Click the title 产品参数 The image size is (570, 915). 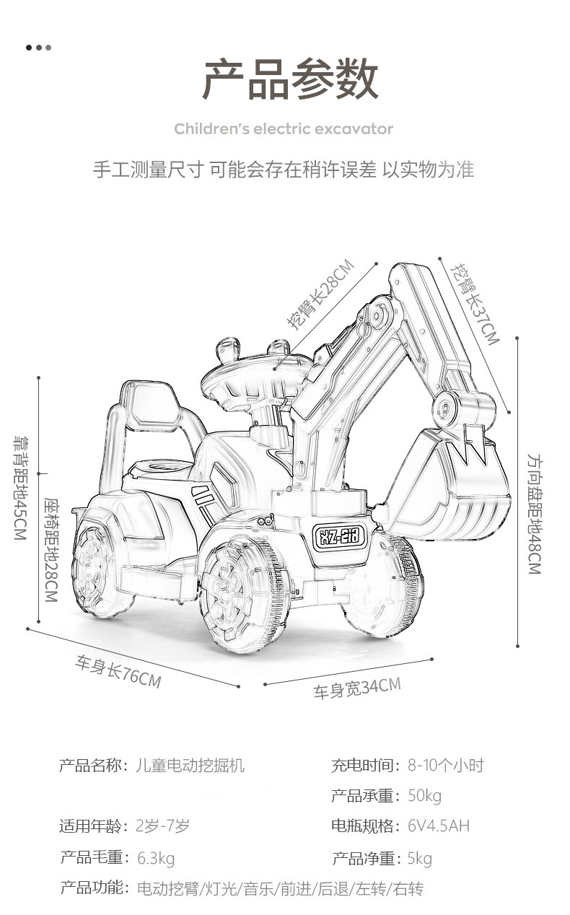[290, 79]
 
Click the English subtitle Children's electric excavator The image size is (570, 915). [284, 129]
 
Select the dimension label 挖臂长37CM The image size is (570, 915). [475, 304]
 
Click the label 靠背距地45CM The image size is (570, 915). [20, 488]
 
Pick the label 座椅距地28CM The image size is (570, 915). [51, 550]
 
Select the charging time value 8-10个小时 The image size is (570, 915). [445, 765]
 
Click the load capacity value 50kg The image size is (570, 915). [425, 796]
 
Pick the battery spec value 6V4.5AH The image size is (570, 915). [439, 826]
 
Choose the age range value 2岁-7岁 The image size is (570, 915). [162, 826]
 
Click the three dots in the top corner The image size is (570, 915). [38, 48]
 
